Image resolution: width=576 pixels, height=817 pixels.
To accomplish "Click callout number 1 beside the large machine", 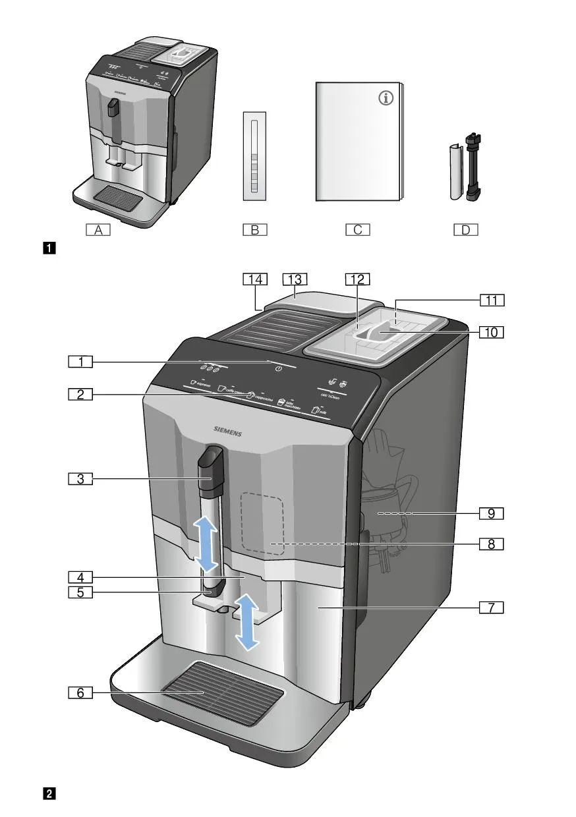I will click(80, 361).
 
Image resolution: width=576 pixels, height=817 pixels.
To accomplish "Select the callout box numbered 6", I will click(80, 692).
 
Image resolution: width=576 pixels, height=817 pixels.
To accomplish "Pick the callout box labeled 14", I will click(254, 279).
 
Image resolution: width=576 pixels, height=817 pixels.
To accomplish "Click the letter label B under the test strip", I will click(254, 230).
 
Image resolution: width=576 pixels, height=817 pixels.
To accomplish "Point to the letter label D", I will click(465, 230).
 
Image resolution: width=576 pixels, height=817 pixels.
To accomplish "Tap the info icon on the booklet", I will click(386, 99).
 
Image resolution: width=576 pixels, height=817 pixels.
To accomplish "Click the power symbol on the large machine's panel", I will click(279, 368).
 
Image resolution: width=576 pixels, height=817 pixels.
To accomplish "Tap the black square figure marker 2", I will click(49, 793).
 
